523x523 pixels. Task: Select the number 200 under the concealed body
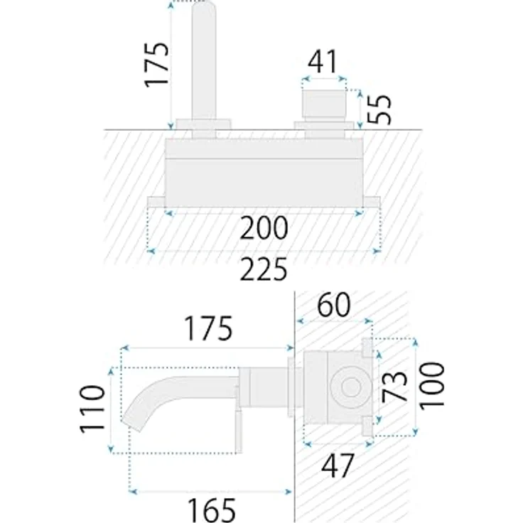(x=264, y=229)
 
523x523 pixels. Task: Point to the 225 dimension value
(x=264, y=270)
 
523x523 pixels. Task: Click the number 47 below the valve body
(x=337, y=466)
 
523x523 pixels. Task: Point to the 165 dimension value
(x=212, y=508)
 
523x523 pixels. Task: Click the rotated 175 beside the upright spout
(x=157, y=65)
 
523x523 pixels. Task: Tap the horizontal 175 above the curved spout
(x=209, y=329)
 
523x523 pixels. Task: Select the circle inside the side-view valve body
(x=351, y=388)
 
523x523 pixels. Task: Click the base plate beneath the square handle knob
(x=324, y=126)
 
